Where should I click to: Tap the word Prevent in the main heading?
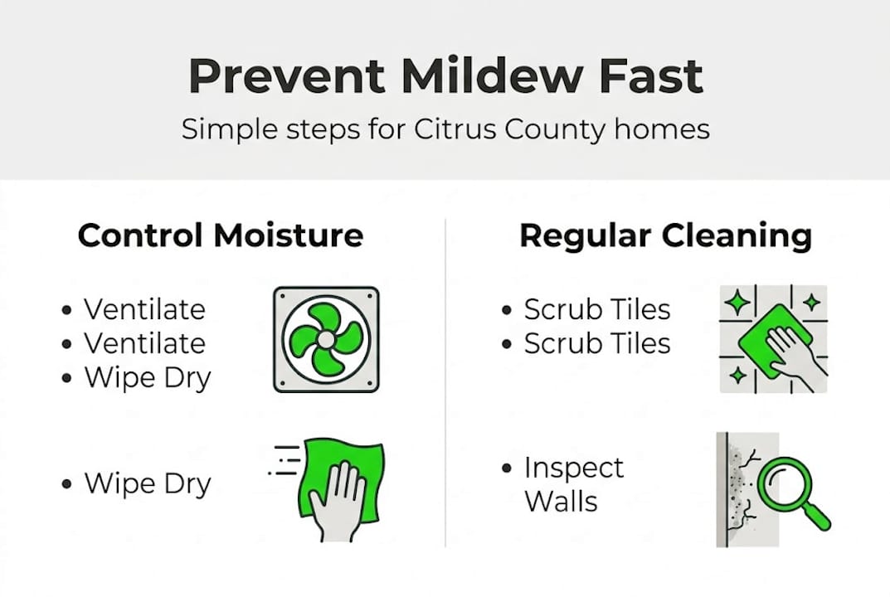286,75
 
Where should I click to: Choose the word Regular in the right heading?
586,235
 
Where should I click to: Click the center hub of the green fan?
326,340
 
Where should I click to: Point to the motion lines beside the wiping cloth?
285,460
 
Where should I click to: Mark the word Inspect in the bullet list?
573,468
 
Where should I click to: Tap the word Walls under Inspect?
561,502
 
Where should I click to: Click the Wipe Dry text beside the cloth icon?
148,484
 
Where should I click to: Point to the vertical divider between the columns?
445,381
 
